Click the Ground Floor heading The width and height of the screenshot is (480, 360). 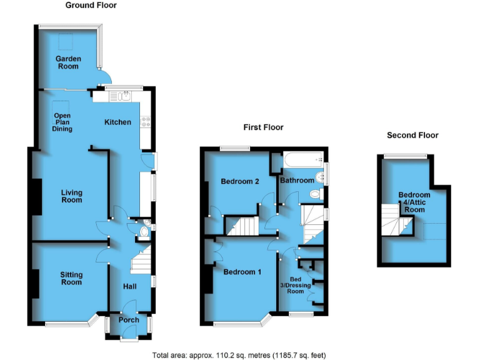pos(91,6)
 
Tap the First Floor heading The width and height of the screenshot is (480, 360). pos(263,127)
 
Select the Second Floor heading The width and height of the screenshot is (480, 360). pos(412,135)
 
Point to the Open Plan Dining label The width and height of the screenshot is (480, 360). pos(62,122)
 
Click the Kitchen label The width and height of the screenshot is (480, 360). pos(117,122)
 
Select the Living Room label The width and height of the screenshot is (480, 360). pos(71,196)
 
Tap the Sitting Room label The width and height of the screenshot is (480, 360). pos(71,278)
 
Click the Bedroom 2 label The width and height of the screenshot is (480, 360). pos(239,182)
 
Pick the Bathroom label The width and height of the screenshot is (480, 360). pos(297,181)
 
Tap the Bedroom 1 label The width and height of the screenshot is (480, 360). pos(242,272)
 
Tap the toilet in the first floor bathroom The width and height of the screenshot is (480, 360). pos(316,194)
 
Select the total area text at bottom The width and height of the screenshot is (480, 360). pos(239,355)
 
